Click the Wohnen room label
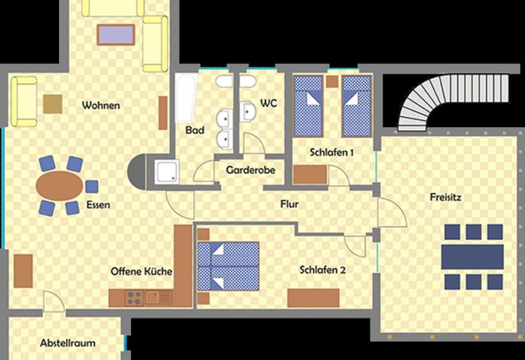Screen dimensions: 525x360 101,105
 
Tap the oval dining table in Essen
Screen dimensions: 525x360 60,185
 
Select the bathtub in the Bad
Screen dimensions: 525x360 185,97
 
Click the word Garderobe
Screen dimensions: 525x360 250,170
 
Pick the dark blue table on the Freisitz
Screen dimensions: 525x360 472,257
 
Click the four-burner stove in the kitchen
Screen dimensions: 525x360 134,298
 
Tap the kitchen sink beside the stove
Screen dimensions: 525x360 158,298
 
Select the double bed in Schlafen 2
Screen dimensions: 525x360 228,266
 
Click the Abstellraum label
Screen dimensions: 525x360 67,343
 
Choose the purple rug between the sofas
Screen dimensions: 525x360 116,34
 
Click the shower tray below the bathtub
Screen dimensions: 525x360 167,172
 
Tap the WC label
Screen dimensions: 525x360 269,103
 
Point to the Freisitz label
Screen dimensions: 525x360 445,197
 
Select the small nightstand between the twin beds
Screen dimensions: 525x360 332,81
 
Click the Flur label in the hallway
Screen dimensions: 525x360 289,204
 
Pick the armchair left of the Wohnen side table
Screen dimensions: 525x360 24,102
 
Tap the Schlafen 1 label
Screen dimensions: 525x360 331,152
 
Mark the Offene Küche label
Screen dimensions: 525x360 142,271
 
